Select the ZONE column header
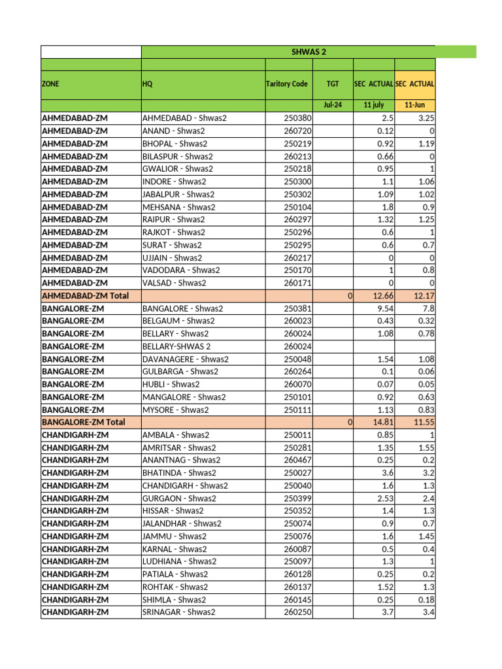click(50, 84)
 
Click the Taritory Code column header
click(287, 84)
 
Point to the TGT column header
click(333, 84)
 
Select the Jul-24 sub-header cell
click(333, 105)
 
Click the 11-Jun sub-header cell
click(414, 105)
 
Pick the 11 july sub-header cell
click(373, 105)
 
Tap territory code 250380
click(298, 118)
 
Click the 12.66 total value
click(382, 295)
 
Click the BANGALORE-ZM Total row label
click(83, 422)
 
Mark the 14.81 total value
click(382, 422)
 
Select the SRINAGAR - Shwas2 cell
click(178, 612)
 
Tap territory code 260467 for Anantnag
click(298, 460)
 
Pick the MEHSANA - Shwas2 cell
click(178, 207)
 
